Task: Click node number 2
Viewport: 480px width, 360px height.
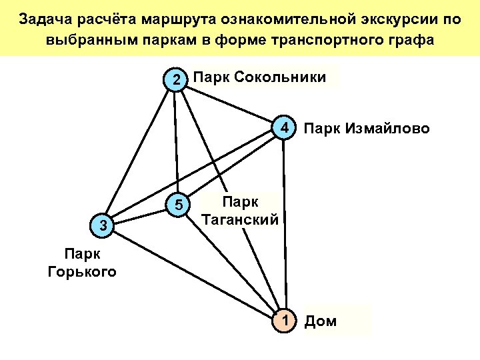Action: pos(175,80)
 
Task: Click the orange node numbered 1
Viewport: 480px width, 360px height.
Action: pos(285,321)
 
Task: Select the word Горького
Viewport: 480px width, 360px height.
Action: pos(82,271)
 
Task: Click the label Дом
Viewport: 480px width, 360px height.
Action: pos(321,323)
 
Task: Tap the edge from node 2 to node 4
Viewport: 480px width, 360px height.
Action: pos(230,104)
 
